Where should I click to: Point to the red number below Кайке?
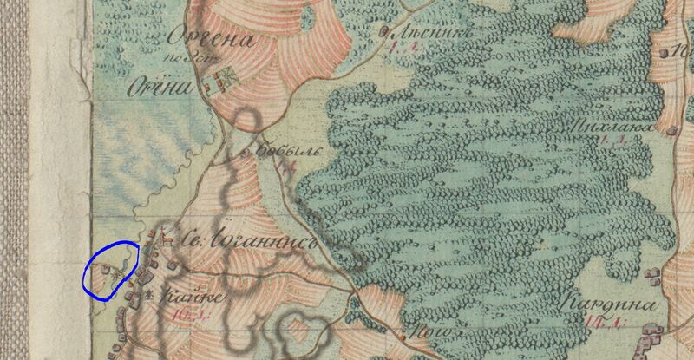pyautogui.click(x=185, y=314)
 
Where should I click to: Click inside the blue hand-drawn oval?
pyautogui.click(x=109, y=270)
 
